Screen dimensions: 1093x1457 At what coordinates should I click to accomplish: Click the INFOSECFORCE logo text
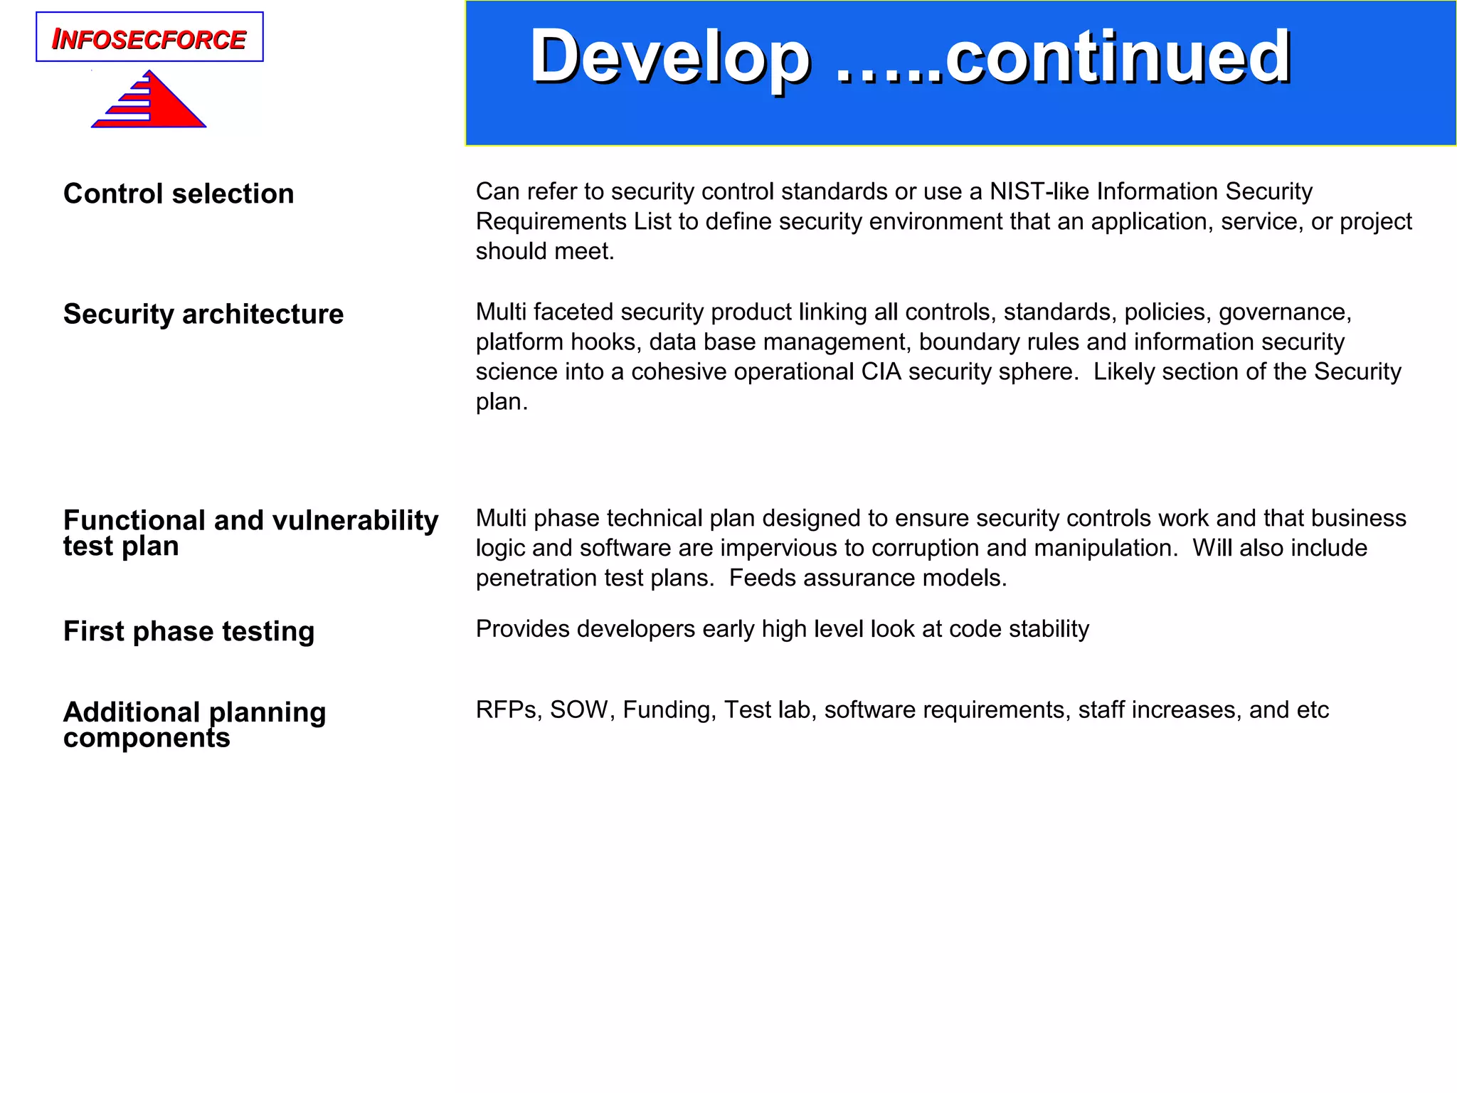pyautogui.click(x=149, y=39)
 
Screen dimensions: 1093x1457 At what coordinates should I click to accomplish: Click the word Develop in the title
pyautogui.click(x=669, y=57)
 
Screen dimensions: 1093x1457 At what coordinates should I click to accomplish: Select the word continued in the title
pyautogui.click(x=1118, y=57)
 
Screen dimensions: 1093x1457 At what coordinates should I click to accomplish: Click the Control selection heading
pyautogui.click(x=179, y=194)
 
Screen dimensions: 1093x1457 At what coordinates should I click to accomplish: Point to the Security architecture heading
pyautogui.click(x=203, y=314)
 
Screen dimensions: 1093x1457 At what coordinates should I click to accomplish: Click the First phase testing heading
pyautogui.click(x=189, y=631)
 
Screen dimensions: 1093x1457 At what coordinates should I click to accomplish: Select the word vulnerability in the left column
pyautogui.click(x=355, y=520)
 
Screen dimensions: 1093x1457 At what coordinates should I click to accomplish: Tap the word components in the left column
pyautogui.click(x=147, y=738)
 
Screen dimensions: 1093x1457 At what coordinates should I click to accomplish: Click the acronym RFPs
pyautogui.click(x=508, y=709)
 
